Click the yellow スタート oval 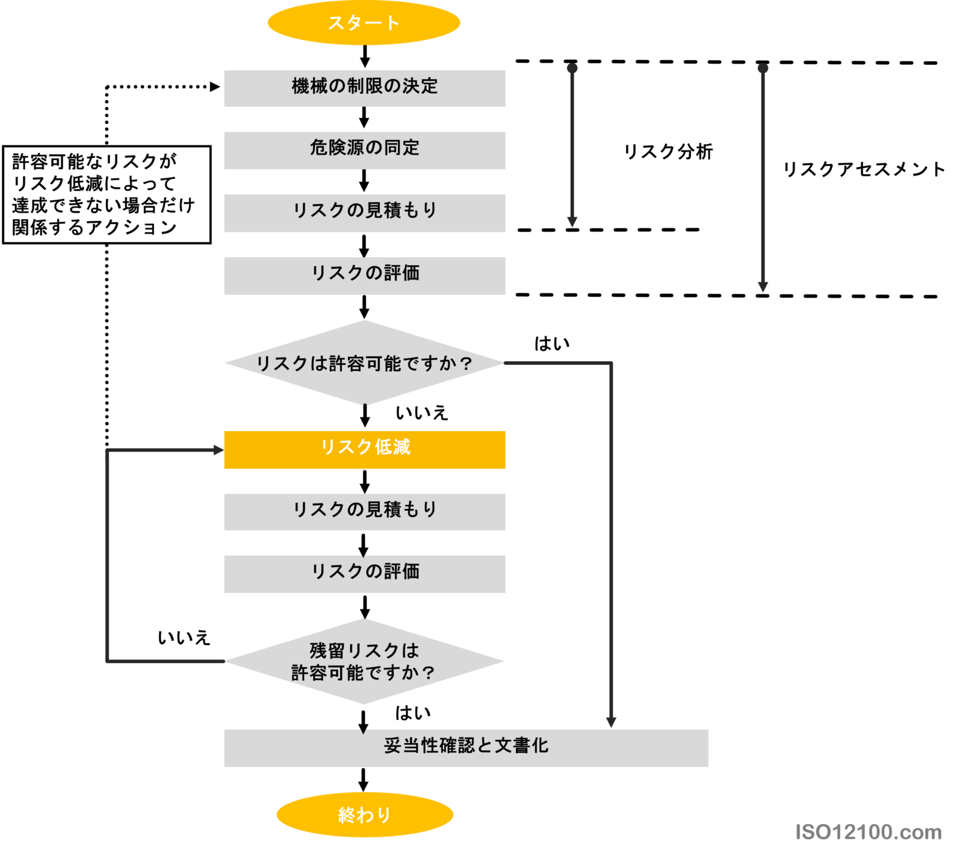[x=364, y=23]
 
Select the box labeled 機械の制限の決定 [x=364, y=88]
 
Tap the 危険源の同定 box [x=364, y=150]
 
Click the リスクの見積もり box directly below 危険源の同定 [x=364, y=213]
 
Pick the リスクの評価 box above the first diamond [x=364, y=275]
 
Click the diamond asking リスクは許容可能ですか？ [x=364, y=362]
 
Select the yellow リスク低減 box [x=364, y=449]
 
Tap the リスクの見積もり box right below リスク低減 [x=364, y=512]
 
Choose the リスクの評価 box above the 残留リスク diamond [x=364, y=573]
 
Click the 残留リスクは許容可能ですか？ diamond [x=364, y=661]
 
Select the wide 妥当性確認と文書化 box [x=466, y=747]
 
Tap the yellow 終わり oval [x=364, y=815]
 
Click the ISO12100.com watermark [x=868, y=832]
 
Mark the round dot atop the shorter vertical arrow [x=572, y=68]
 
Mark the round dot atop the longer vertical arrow [x=763, y=68]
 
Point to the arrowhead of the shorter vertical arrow [x=572, y=222]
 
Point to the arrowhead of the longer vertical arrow [x=763, y=286]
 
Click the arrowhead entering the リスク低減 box [x=218, y=450]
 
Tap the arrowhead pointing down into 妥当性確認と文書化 [x=611, y=722]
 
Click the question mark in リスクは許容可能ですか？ [x=465, y=363]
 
